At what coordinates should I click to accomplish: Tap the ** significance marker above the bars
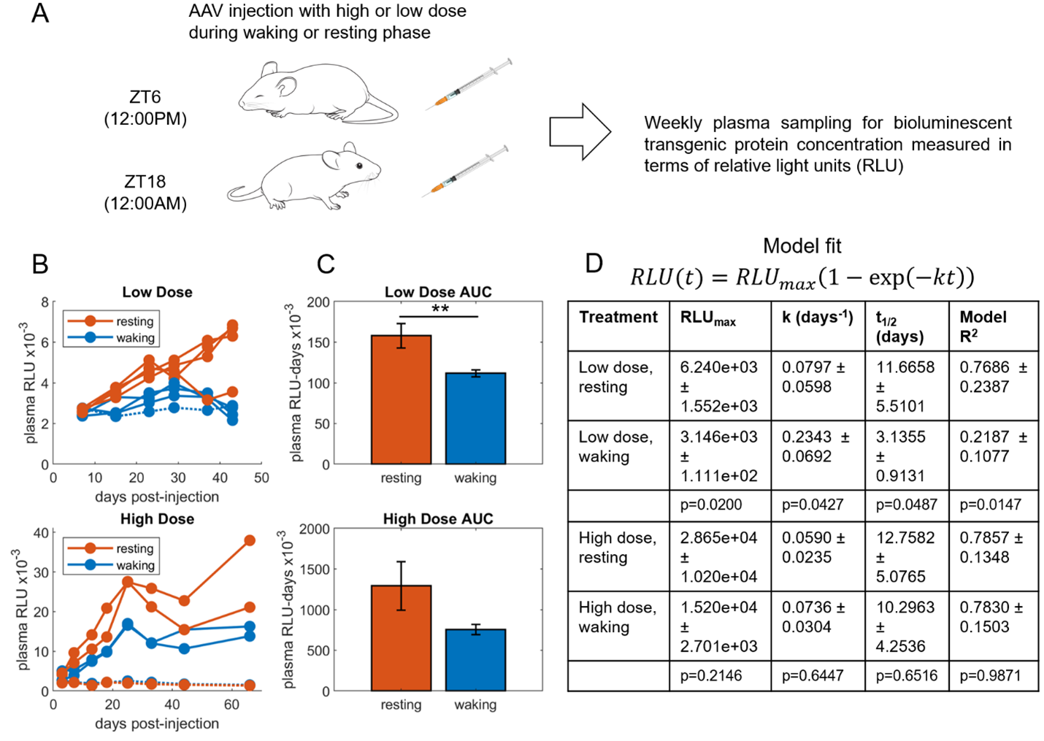(440, 309)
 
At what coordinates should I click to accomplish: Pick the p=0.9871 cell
(990, 675)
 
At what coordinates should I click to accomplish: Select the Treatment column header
(618, 318)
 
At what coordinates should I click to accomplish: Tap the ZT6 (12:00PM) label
(145, 107)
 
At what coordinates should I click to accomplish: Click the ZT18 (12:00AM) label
(145, 192)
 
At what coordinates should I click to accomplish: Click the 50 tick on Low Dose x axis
(261, 478)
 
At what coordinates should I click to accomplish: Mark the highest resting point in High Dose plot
(250, 540)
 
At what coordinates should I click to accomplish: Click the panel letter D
(594, 264)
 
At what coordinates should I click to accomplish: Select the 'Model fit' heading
(802, 246)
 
